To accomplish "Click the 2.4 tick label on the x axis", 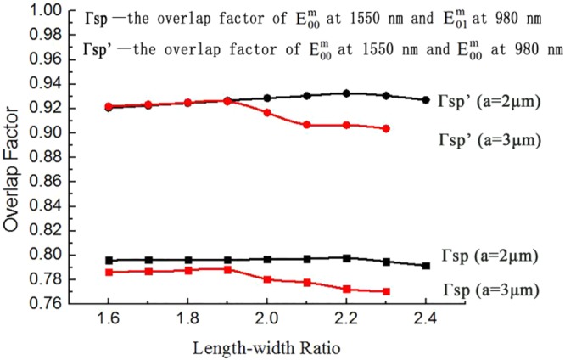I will point(425,321).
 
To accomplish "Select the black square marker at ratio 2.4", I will point(426,266).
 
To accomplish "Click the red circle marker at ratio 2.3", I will point(386,128).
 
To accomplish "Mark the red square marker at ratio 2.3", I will point(386,291).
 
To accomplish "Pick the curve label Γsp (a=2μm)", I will point(489,255).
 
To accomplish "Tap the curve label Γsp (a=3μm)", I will point(489,290).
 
